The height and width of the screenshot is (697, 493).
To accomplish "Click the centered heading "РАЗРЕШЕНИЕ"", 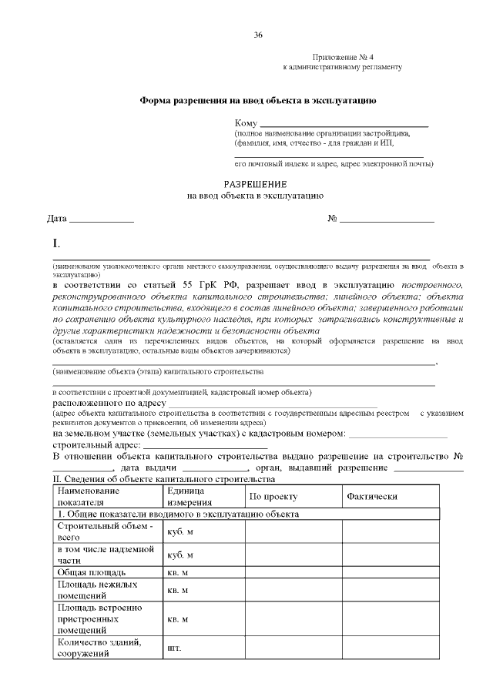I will [x=255, y=184].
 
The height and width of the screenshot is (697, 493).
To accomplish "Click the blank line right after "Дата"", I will [x=102, y=220].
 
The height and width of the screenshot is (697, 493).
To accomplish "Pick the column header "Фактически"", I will [x=372, y=497].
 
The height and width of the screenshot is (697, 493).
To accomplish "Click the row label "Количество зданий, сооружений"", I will [x=93, y=648].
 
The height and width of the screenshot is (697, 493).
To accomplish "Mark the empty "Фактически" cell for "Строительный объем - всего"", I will [x=391, y=531].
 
